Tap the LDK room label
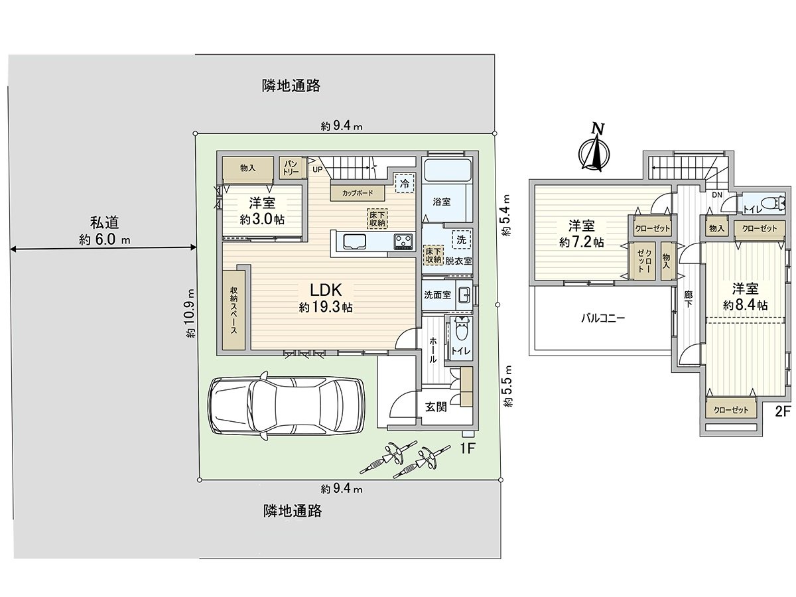tap(326, 290)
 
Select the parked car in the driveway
tap(285, 405)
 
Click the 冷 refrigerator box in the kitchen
tap(405, 184)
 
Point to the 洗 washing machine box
tap(461, 239)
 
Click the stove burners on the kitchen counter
tap(403, 241)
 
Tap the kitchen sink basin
tap(351, 241)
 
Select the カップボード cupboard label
tap(357, 192)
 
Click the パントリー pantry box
tap(291, 167)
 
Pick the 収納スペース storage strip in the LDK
tap(234, 310)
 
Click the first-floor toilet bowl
tap(461, 329)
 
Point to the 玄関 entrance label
tap(436, 407)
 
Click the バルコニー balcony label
tap(603, 318)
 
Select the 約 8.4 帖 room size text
tap(745, 305)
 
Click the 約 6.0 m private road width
tap(104, 239)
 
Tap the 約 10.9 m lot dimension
tap(191, 313)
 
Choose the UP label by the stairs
tap(317, 169)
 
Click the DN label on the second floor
tap(717, 195)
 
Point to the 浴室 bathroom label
tap(441, 202)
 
